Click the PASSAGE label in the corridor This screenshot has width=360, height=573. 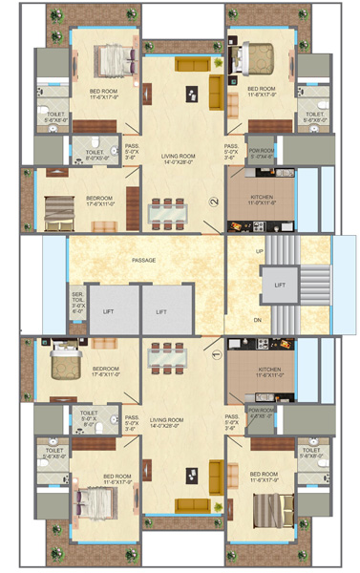point(144,260)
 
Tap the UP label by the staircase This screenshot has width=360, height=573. point(258,251)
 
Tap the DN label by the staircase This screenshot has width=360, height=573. point(258,319)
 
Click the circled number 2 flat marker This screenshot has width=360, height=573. point(216,202)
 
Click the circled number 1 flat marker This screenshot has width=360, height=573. point(216,355)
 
